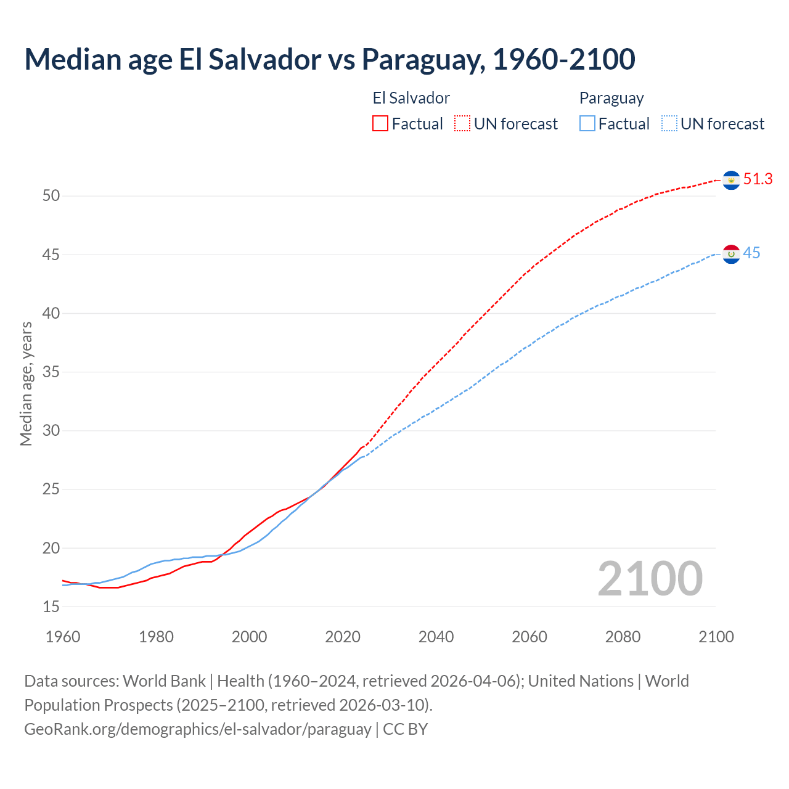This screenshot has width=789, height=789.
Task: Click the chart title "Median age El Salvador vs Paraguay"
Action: click(x=329, y=59)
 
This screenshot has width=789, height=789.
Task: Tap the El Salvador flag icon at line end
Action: click(x=731, y=180)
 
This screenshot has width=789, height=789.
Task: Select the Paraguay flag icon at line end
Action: click(x=731, y=254)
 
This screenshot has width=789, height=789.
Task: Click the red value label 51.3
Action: click(x=758, y=179)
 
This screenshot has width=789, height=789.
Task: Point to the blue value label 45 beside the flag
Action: click(x=751, y=253)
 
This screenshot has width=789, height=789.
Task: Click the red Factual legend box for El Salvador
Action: click(x=380, y=124)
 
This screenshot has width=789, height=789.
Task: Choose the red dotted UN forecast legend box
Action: click(x=462, y=124)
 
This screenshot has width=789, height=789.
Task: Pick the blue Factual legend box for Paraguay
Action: click(x=587, y=124)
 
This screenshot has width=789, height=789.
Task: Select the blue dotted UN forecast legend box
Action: click(x=669, y=124)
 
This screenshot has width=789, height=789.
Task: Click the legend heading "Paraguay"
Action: click(x=611, y=98)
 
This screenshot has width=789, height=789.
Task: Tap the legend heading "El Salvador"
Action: click(x=411, y=98)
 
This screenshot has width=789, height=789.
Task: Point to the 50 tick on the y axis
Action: click(x=51, y=196)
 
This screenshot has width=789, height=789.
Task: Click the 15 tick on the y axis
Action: click(x=51, y=607)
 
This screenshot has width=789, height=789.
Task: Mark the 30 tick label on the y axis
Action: click(x=51, y=431)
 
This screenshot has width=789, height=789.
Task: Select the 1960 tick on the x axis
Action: click(x=63, y=637)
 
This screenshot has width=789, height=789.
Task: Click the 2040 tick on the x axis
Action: click(x=436, y=637)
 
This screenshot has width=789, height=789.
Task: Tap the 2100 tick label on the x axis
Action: click(x=716, y=637)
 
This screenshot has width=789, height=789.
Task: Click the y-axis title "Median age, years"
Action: click(x=26, y=383)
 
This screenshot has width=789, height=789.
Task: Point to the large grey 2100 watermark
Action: click(x=650, y=579)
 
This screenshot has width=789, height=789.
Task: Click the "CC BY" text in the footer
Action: click(x=405, y=729)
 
